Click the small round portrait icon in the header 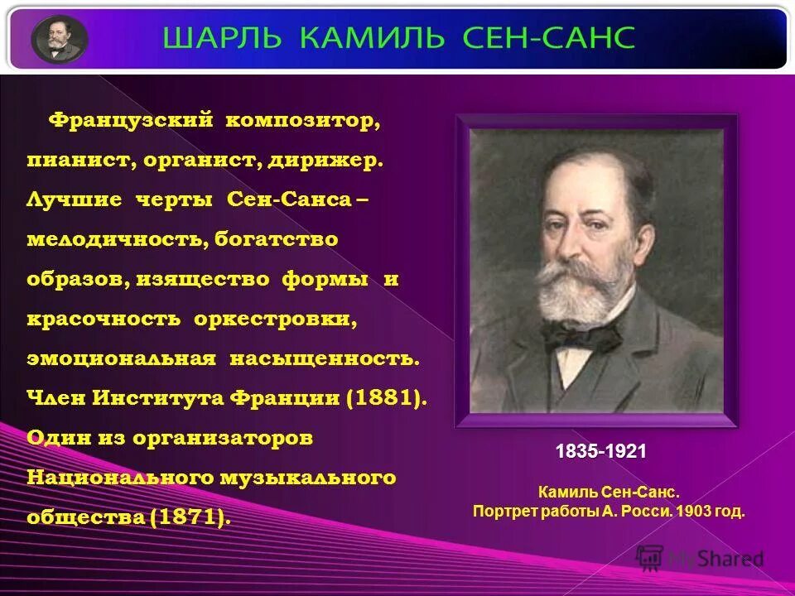[x=60, y=39]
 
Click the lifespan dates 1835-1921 [x=600, y=452]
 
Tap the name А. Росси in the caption [x=636, y=511]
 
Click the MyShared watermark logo [x=700, y=559]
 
